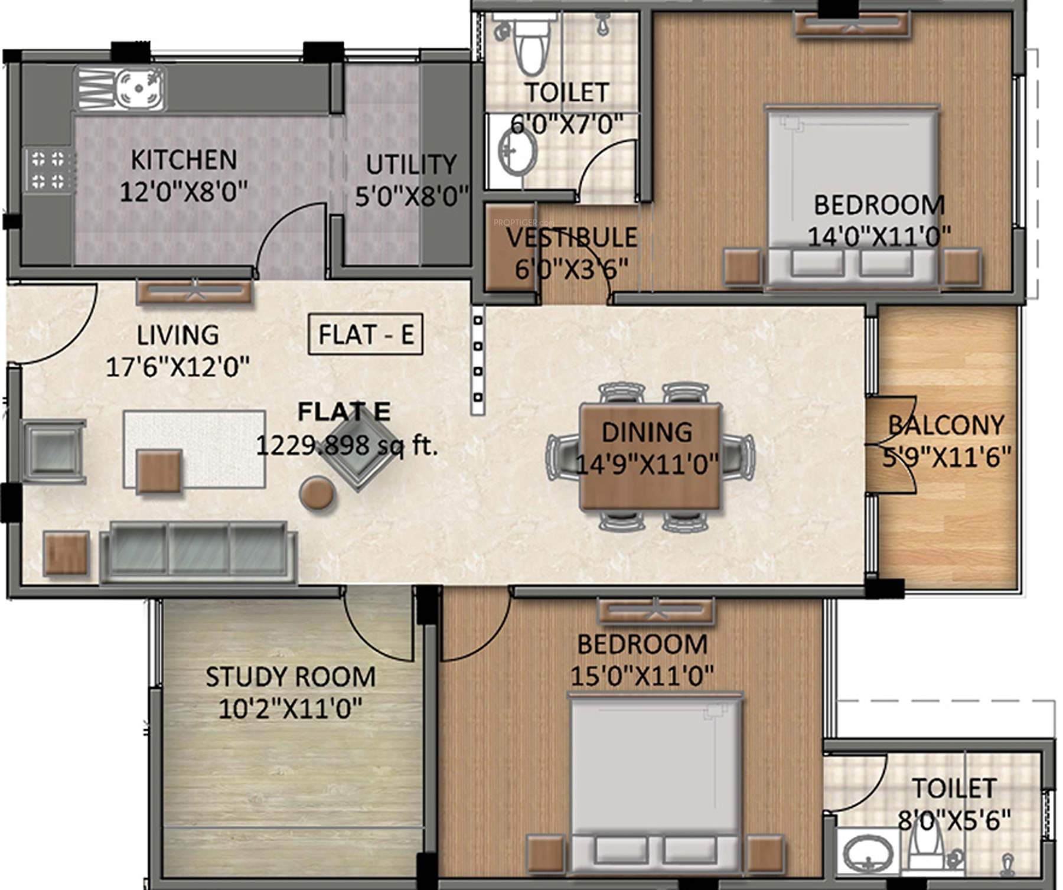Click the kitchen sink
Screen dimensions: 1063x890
[120, 89]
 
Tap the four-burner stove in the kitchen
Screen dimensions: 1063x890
[49, 169]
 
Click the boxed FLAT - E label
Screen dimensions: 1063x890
[366, 334]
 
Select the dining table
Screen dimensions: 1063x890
[650, 456]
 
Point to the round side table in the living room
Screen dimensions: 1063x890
[317, 494]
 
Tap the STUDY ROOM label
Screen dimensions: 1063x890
[291, 677]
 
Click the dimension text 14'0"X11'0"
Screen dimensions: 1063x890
[879, 236]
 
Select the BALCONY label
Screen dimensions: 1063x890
[946, 425]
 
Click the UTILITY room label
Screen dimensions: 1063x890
[411, 164]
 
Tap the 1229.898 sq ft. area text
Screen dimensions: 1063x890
[347, 445]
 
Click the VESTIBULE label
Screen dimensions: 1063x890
[572, 237]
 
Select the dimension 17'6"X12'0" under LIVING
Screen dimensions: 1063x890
[177, 366]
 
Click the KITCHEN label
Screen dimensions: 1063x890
[184, 159]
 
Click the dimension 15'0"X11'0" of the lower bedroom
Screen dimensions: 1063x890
[642, 675]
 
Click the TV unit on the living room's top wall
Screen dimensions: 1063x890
[195, 292]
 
